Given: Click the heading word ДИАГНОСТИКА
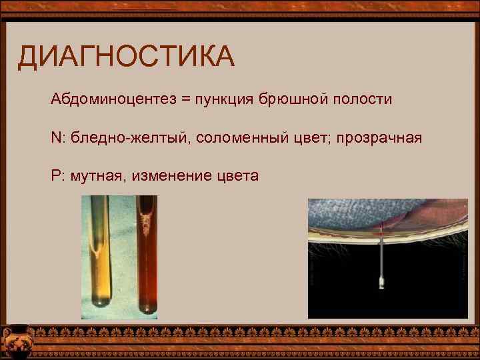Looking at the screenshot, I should click(126, 57).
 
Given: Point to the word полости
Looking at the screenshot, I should click(361, 100).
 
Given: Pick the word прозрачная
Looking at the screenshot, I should click(379, 138).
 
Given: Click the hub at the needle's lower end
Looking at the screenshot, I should click(382, 283).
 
